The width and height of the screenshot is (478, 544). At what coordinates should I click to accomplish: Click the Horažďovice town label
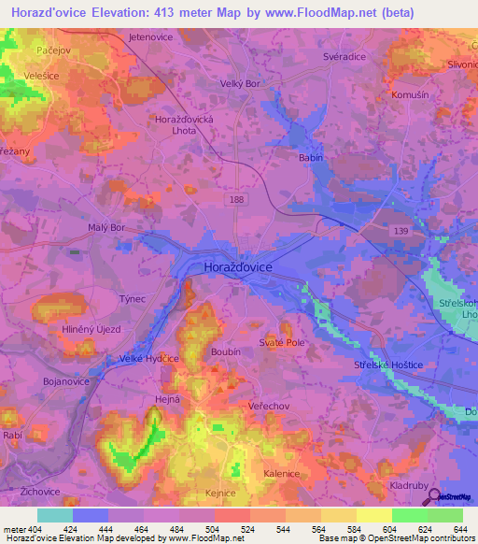click(x=238, y=267)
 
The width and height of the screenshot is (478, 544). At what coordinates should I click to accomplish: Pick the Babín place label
click(x=310, y=158)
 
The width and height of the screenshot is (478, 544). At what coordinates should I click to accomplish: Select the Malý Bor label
click(x=105, y=227)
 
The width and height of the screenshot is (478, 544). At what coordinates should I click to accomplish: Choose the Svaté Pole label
click(x=283, y=343)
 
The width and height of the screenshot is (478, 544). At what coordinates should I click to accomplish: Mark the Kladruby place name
click(x=411, y=486)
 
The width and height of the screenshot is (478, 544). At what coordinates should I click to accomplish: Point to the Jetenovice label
click(x=153, y=36)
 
